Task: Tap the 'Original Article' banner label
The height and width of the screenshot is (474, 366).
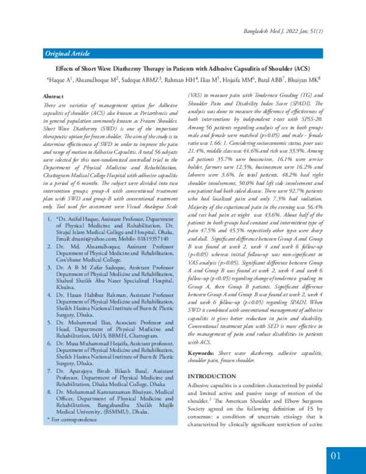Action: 66,54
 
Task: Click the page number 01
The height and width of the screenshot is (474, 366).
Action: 336,455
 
